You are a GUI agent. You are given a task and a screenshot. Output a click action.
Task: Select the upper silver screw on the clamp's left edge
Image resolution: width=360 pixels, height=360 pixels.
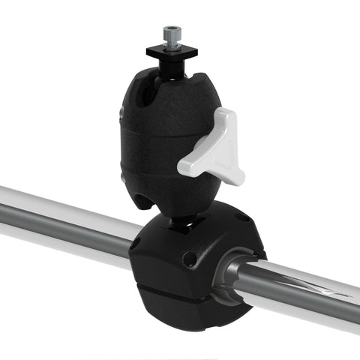(x=122, y=112)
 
